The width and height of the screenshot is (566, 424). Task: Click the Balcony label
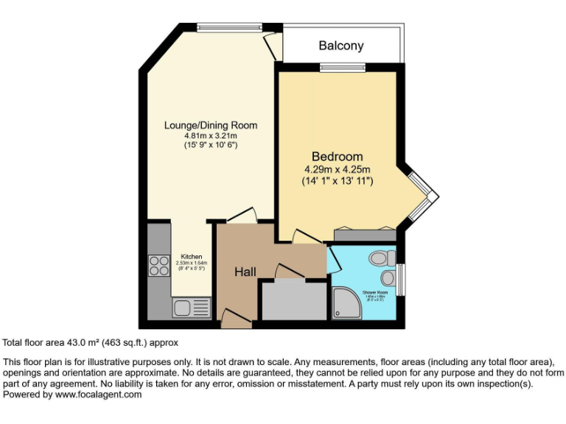coord(340,46)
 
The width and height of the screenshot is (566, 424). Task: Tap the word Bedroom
coord(337,156)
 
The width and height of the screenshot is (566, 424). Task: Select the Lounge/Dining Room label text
coord(210,125)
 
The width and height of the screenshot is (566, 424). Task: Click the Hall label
coord(245,272)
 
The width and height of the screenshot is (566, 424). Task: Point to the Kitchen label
coord(191,257)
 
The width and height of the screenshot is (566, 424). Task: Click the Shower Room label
coord(374,293)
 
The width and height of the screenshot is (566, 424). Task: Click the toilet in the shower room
coord(381,258)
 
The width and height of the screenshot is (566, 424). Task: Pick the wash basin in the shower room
coord(388,278)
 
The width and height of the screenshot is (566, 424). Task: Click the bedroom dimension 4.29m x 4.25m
coord(338,169)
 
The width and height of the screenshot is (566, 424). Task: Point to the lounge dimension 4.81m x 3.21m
coord(210,136)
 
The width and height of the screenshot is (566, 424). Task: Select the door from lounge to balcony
coord(273,47)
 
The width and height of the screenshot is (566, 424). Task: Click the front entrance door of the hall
coord(236,319)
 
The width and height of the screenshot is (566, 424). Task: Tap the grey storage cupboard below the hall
coord(294,301)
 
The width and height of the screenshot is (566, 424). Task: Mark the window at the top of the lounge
coord(229,29)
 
